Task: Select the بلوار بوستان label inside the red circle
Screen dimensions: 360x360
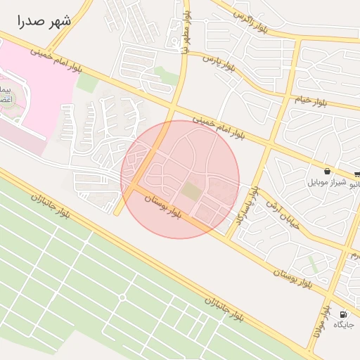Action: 163,206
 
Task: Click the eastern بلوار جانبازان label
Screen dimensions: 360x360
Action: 224,309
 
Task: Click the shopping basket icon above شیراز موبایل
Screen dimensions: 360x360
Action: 328,171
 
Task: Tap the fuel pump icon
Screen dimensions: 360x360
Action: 343,314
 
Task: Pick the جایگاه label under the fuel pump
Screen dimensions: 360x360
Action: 343,325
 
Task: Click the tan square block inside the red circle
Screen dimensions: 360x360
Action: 191,190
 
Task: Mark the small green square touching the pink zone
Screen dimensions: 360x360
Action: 88,82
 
